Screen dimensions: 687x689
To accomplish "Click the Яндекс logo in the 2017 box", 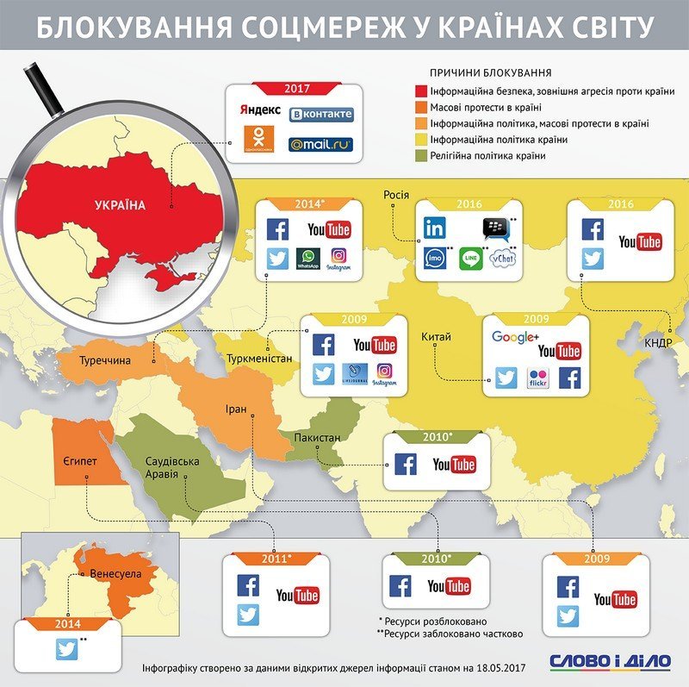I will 259,112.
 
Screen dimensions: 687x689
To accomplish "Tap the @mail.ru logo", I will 320,144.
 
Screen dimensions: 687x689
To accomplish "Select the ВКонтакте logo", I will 320,114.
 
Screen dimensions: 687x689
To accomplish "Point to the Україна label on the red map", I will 120,205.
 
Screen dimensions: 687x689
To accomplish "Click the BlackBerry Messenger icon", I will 494,228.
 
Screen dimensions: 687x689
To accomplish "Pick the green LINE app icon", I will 469,259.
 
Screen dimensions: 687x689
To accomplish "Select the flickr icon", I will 538,378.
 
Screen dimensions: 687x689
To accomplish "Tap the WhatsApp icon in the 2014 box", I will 307,259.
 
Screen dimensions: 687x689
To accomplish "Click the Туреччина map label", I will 105,359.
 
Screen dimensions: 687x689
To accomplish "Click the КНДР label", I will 661,342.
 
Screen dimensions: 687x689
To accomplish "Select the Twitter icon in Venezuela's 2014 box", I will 67,648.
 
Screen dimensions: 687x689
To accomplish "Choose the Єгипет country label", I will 79,463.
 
